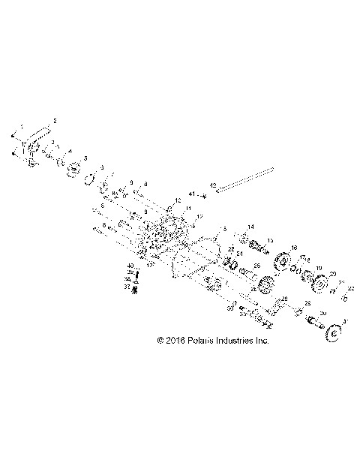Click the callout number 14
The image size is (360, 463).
point(251,227)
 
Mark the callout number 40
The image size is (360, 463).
point(129,266)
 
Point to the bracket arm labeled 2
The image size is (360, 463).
point(34,143)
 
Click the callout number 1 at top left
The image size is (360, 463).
point(22,126)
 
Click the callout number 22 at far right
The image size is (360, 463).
point(349,288)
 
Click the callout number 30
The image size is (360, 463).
point(323,312)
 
